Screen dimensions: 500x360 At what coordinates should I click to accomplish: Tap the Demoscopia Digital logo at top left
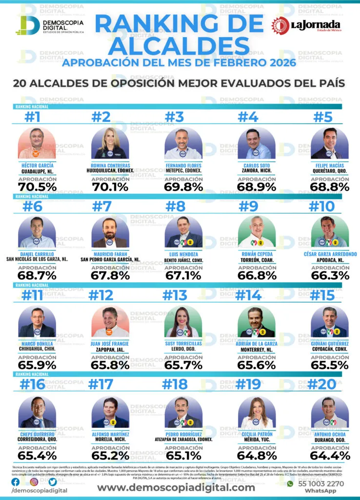(x=49, y=26)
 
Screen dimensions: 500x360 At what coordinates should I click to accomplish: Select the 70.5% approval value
(x=37, y=187)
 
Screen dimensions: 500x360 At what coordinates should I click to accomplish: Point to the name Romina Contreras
(x=110, y=165)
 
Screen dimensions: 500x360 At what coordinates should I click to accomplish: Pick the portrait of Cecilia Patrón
(x=256, y=413)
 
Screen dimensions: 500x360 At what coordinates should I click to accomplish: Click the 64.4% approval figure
(x=329, y=456)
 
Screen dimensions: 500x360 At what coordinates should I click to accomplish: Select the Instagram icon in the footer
(x=34, y=482)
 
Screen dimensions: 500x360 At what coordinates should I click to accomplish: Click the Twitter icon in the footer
(x=52, y=482)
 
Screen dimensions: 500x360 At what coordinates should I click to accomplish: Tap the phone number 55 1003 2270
(x=322, y=483)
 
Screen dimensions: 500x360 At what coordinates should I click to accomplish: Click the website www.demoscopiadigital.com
(x=176, y=487)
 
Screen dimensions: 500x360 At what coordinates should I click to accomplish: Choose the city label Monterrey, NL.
(x=257, y=350)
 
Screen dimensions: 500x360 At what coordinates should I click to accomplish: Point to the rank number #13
(x=175, y=295)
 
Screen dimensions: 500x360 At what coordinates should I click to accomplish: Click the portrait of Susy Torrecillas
(x=183, y=322)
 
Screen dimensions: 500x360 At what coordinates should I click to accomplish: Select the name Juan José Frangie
(x=110, y=344)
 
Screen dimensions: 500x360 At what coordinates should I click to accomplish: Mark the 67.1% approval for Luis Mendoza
(x=183, y=275)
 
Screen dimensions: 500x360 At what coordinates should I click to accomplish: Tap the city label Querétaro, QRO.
(x=329, y=171)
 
